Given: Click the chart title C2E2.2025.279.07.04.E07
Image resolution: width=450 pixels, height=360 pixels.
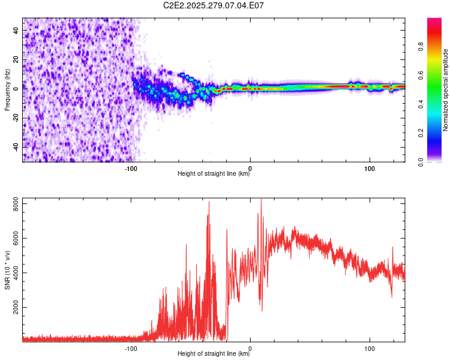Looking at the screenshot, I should pos(214,5).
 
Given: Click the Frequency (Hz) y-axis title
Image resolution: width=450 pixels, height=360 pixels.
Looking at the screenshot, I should pos(7,90).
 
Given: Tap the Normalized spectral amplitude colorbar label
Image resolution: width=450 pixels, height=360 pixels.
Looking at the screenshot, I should pos(446,90).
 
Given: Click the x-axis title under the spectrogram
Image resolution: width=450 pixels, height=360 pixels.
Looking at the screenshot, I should pos(214,174).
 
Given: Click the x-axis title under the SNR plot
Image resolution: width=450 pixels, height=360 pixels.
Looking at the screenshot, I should pos(214,354).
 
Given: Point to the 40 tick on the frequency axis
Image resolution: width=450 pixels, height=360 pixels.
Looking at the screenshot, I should pos(16,29).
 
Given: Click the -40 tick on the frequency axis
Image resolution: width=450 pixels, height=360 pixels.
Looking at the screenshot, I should pos(16,147).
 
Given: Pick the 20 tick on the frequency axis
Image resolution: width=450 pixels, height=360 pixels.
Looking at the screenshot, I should pos(16,59).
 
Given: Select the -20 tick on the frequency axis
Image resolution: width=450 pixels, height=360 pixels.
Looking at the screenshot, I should pos(16,118).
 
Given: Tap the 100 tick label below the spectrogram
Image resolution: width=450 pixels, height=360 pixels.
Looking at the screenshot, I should pos(370,167).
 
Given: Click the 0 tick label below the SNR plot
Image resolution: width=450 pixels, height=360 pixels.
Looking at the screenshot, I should pos(250,347).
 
